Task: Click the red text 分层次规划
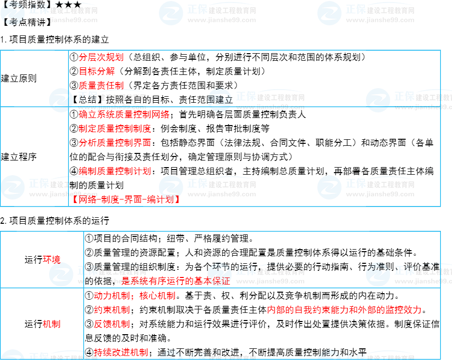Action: [x=101, y=57]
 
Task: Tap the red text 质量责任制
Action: [x=101, y=86]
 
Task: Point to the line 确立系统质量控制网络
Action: [x=124, y=114]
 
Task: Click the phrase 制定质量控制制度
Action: [x=115, y=129]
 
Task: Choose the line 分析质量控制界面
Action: [x=115, y=143]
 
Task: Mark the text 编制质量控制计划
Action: [x=115, y=171]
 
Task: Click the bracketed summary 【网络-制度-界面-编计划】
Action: [x=125, y=199]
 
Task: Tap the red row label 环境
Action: [x=51, y=260]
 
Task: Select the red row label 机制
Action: [x=51, y=324]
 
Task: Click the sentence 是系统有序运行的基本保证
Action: [x=176, y=281]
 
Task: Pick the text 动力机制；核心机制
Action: [x=134, y=296]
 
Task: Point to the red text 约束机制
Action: [x=111, y=310]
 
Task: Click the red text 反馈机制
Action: [x=111, y=324]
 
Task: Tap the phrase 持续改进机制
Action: [x=120, y=352]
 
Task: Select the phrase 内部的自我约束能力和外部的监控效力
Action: [x=344, y=310]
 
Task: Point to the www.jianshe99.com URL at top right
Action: [x=380, y=20]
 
